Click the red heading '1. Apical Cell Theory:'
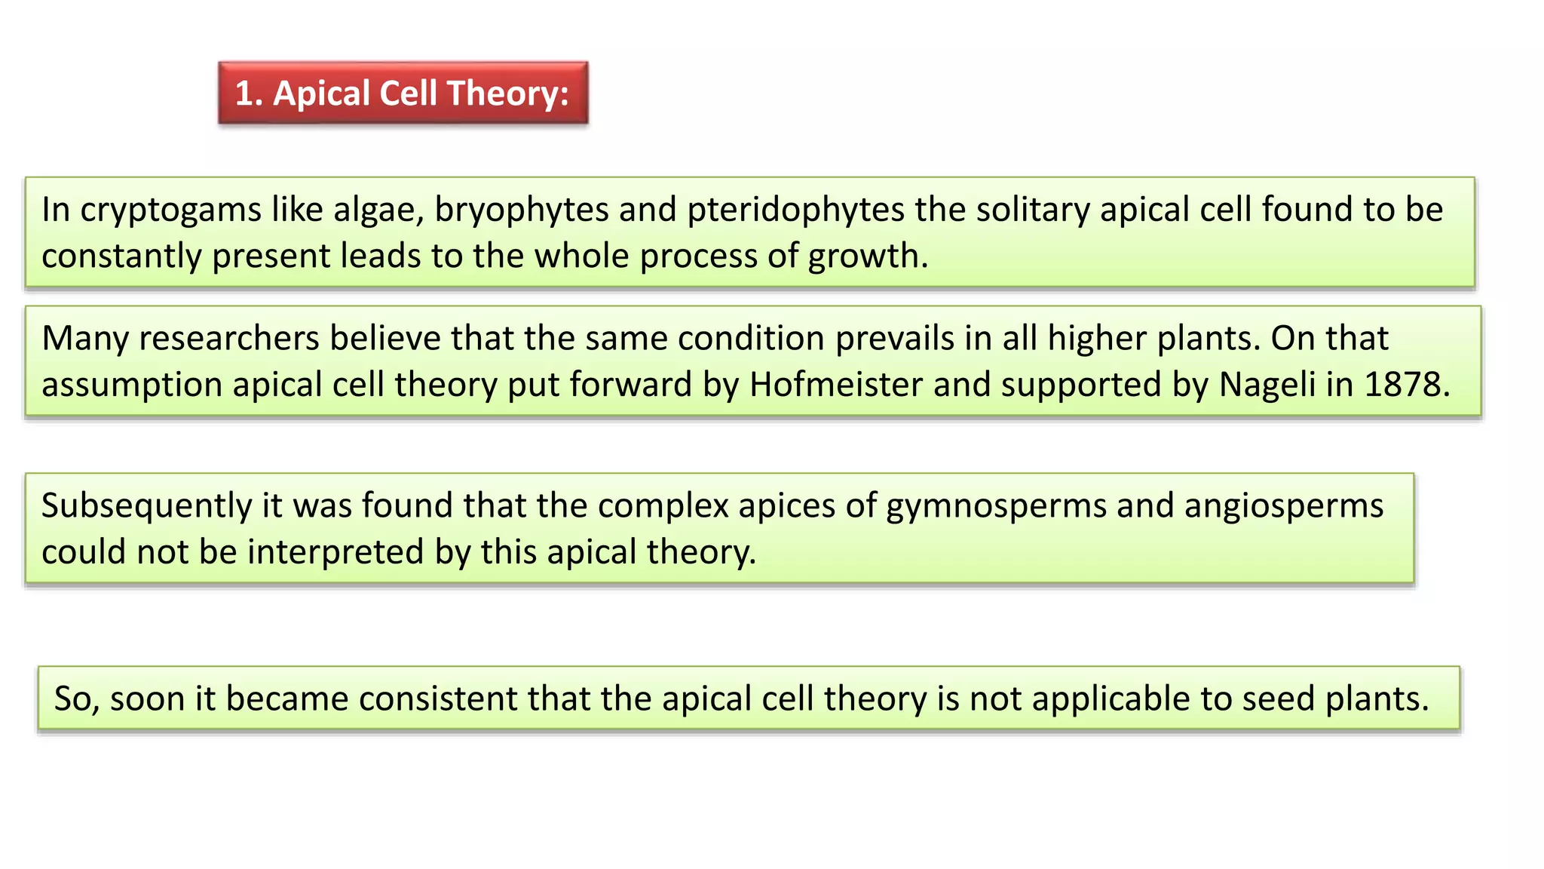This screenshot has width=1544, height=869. [403, 94]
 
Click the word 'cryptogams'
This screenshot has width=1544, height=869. [170, 210]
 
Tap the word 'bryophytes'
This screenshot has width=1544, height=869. [522, 210]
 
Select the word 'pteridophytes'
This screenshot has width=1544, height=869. [795, 210]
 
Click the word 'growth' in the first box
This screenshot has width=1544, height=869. [862, 257]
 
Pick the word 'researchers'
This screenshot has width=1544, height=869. [229, 339]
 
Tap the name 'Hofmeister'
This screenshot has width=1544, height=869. [836, 385]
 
